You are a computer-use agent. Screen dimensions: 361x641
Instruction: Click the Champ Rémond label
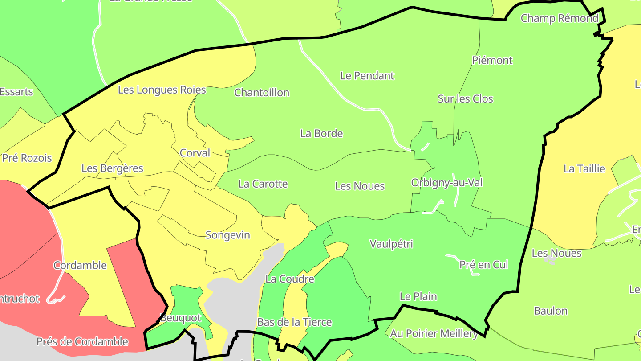[x=559, y=18]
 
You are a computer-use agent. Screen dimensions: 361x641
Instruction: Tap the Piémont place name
[x=492, y=60]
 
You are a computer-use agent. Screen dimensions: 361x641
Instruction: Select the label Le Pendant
[x=367, y=76]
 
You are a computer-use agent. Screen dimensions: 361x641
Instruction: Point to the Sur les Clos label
[x=465, y=99]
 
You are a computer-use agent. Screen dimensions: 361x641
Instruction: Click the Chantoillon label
[x=262, y=93]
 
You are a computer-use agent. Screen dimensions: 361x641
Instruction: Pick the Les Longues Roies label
[x=162, y=90]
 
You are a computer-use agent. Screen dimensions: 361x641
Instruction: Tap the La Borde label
[x=321, y=133]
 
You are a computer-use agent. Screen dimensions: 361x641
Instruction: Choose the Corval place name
[x=195, y=153]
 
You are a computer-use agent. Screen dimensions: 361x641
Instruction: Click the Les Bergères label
[x=112, y=168]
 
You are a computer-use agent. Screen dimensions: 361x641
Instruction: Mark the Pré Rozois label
[x=27, y=158]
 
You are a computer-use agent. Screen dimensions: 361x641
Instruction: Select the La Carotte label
[x=263, y=184]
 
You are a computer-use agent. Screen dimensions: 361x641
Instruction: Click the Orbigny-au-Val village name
[x=446, y=183]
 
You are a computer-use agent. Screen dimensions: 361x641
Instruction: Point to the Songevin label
[x=227, y=235]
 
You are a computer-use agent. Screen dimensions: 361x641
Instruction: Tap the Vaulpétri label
[x=391, y=244]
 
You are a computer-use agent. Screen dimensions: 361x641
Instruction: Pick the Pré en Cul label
[x=483, y=265]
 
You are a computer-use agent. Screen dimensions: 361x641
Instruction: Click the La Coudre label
[x=290, y=279]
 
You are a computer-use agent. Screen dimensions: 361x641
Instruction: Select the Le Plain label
[x=418, y=297]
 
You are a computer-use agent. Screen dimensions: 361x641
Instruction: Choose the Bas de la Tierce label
[x=294, y=322]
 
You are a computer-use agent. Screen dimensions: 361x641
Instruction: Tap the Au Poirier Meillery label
[x=434, y=333]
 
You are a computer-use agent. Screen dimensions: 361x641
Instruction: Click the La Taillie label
[x=584, y=169]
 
